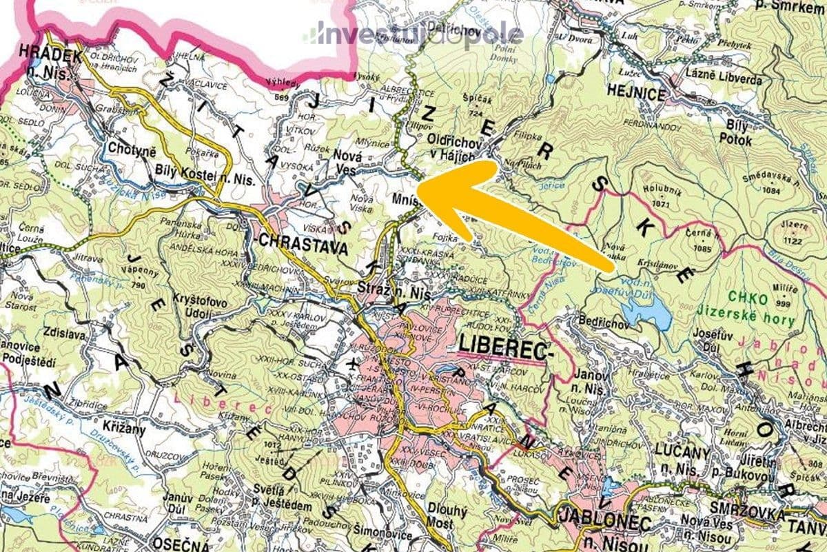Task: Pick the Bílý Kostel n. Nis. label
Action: tap(197, 179)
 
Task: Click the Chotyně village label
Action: tap(132, 147)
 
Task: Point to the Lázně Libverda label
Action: tap(724, 79)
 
